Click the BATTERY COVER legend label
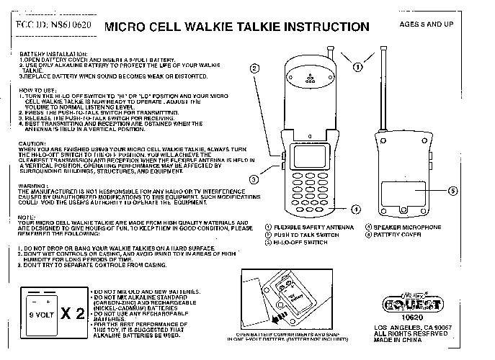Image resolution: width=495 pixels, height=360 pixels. [396, 235]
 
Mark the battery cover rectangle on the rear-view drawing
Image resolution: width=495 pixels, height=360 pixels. [401, 193]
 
